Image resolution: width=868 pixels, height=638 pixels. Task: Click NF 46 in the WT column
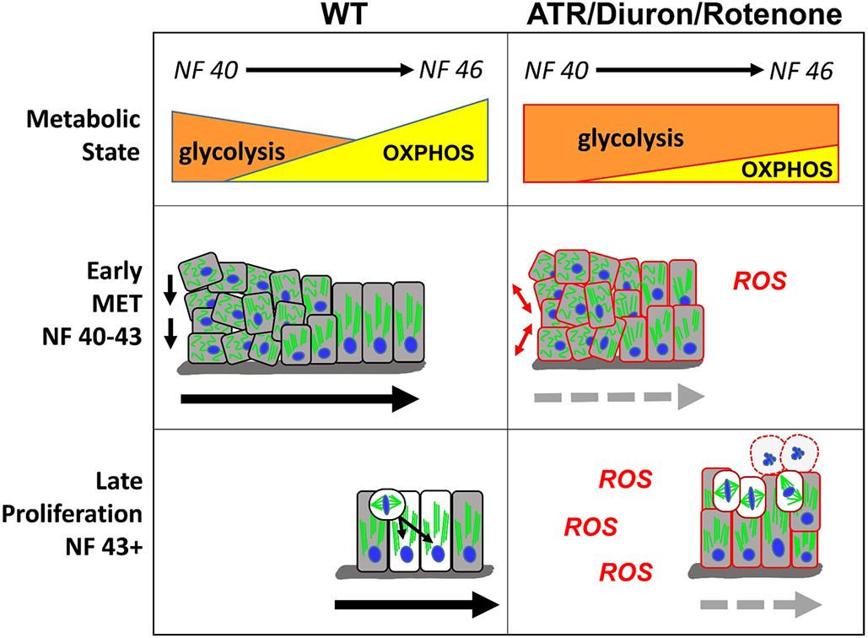[x=450, y=70]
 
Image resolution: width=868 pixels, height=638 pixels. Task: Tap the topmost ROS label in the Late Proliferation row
[x=625, y=479]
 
